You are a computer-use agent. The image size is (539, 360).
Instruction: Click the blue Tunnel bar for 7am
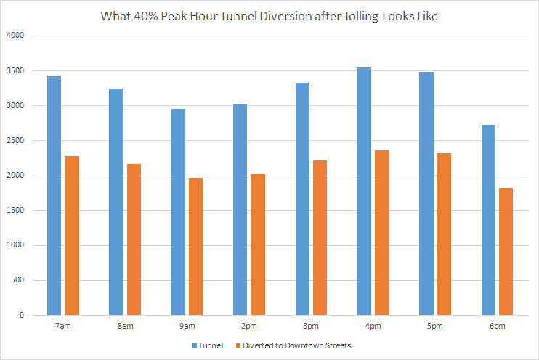(54, 195)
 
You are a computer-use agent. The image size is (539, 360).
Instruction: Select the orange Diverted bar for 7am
(71, 235)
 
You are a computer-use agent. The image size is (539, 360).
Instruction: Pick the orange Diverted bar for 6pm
(506, 251)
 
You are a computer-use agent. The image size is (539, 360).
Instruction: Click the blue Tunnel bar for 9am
(178, 212)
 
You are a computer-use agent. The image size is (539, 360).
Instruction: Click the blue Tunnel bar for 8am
(116, 202)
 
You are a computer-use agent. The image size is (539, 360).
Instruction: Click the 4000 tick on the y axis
(16, 36)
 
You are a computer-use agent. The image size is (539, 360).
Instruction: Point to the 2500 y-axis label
(16, 141)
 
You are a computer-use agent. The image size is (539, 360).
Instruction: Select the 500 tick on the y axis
(18, 280)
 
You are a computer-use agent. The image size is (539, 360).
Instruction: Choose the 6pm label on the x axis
(497, 327)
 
